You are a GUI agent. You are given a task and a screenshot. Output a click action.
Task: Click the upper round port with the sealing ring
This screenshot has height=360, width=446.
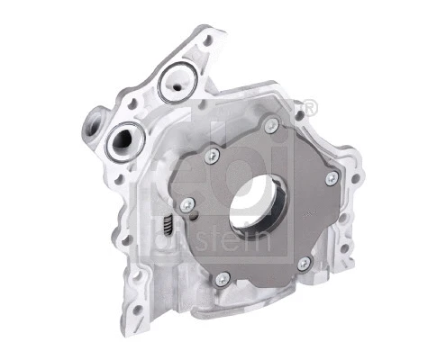click(x=172, y=82)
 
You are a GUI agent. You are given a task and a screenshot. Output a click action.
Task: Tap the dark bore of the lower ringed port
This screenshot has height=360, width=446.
click(x=122, y=141)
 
